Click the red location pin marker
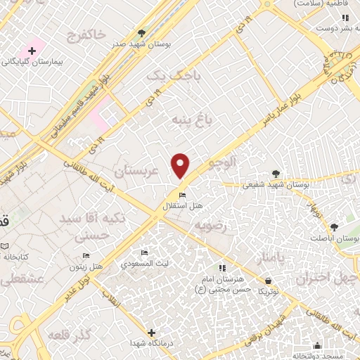tap(181, 165)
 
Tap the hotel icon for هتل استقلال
tap(182, 195)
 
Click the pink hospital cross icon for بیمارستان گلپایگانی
tap(32, 51)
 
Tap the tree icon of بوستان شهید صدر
tap(141, 32)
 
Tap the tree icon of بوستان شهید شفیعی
tap(276, 174)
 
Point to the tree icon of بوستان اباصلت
tap(334, 227)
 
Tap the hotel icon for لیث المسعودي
tap(145, 253)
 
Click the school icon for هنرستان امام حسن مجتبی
tap(222, 267)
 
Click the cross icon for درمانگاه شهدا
tap(151, 332)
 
